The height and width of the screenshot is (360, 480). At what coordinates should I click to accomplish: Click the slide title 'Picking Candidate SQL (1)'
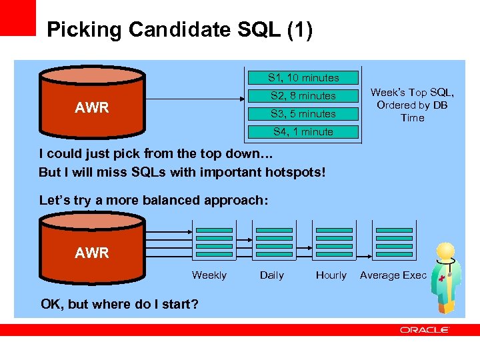tap(179, 30)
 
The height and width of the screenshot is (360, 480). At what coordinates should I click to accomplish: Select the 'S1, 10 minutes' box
tap(303, 78)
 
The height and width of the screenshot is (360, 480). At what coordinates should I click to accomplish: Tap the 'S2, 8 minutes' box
tap(303, 96)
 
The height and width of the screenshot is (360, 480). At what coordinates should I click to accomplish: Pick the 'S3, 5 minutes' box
tap(303, 114)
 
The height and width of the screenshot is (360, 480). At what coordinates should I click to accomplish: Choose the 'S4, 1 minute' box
tap(303, 132)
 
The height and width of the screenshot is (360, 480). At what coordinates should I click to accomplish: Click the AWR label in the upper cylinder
tap(92, 108)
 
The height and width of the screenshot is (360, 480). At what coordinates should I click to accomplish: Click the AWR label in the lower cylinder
tap(92, 253)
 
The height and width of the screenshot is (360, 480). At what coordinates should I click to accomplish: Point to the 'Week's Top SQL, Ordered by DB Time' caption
tap(412, 105)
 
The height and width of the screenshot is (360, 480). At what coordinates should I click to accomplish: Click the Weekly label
tap(209, 275)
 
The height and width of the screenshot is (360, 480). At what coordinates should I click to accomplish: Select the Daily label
tap(271, 275)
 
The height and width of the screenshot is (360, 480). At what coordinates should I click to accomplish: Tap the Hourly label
tap(331, 275)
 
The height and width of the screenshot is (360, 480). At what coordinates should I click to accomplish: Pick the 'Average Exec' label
tap(393, 275)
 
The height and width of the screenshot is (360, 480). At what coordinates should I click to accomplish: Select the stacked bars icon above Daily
tap(275, 242)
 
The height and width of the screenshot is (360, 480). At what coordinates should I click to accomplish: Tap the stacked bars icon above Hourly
tap(333, 242)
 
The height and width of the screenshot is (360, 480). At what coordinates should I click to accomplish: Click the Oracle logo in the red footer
tap(425, 330)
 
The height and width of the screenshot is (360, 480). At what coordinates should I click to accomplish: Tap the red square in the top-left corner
tap(17, 17)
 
